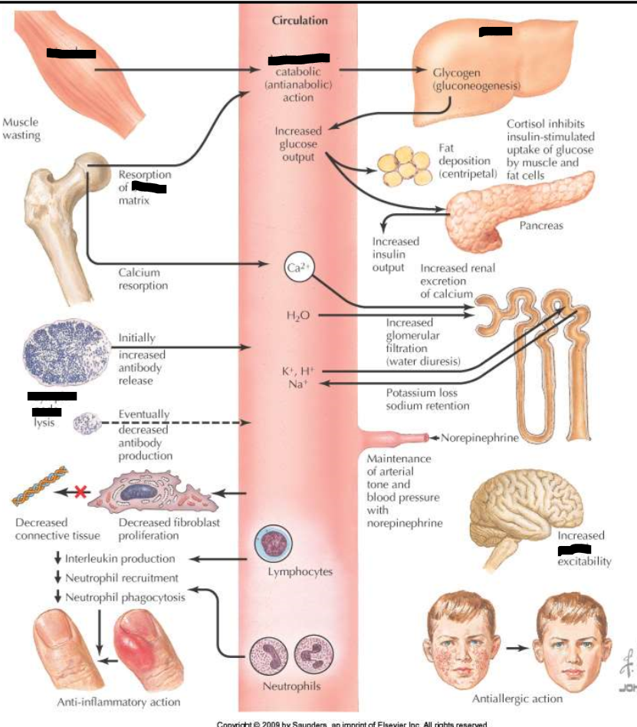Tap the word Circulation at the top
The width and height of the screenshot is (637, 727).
[300, 21]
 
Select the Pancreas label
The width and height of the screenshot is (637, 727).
[541, 225]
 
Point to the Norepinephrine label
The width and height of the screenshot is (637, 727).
[480, 438]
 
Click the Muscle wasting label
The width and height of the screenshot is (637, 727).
[21, 129]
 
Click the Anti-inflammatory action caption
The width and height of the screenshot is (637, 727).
[119, 702]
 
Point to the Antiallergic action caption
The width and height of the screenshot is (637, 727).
[517, 698]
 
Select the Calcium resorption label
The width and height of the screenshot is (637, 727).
[143, 278]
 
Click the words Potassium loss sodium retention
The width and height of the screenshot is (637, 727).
[428, 399]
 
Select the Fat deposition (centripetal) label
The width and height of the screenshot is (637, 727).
[468, 162]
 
